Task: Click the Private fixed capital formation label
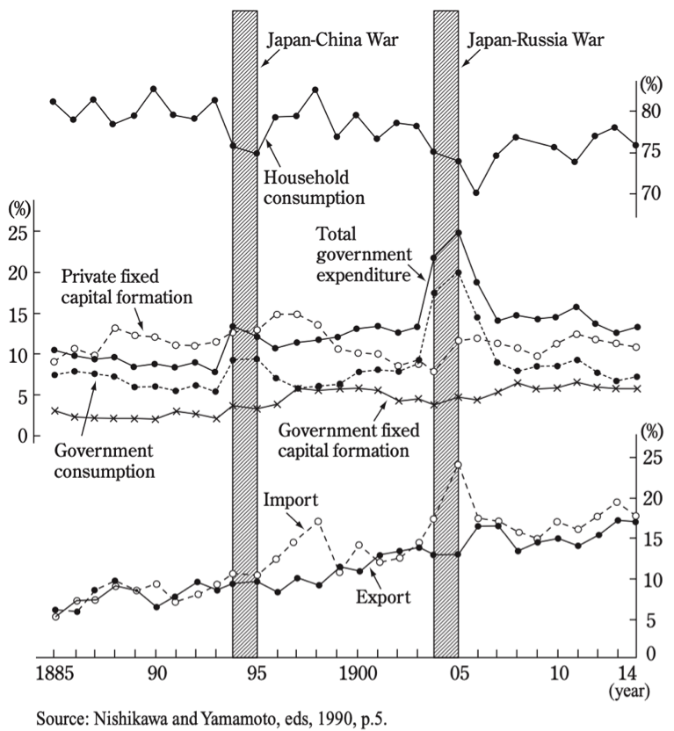coord(127,285)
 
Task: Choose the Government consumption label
coord(104,460)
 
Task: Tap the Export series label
coord(384,597)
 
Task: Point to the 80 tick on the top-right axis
coord(651,111)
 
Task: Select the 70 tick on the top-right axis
coord(651,192)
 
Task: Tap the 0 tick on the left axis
coord(24,437)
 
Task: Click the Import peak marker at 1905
coord(458,465)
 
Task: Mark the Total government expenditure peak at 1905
coord(458,233)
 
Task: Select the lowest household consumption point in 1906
coord(476,192)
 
